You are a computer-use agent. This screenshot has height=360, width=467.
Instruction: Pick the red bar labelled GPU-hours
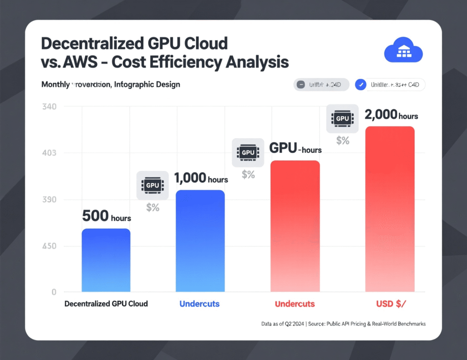click(x=295, y=226)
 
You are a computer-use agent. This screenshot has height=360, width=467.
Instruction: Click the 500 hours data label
click(x=106, y=216)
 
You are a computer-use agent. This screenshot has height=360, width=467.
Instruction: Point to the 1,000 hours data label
click(x=201, y=178)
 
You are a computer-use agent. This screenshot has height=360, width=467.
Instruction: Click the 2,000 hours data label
click(x=391, y=115)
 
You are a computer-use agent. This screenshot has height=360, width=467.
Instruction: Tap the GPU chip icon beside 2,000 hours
click(x=342, y=118)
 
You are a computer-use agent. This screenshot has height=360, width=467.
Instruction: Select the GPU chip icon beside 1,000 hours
click(x=153, y=185)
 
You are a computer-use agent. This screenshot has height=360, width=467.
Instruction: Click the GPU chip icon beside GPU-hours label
click(x=248, y=152)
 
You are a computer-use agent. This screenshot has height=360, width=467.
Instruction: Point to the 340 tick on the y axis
click(x=49, y=107)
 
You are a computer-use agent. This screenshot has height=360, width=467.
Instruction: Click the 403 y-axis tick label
click(x=49, y=153)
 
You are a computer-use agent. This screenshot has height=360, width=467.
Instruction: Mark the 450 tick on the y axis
click(x=49, y=246)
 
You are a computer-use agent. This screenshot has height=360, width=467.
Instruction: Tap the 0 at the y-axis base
click(x=53, y=292)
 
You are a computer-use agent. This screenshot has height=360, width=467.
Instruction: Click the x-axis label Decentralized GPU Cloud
click(x=106, y=303)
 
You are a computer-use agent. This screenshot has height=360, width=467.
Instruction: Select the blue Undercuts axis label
click(x=199, y=303)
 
